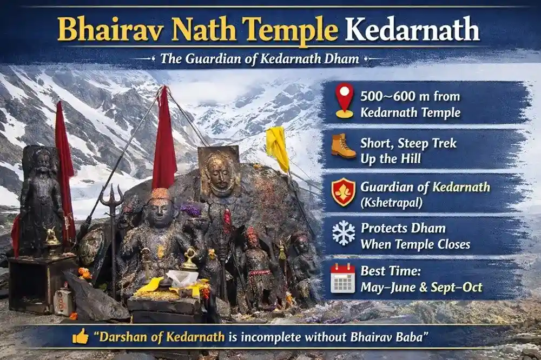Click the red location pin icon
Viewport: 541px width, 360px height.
(344, 100)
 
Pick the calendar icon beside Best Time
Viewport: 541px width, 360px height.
(343, 277)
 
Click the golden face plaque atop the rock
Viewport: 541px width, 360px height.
(219, 172)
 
